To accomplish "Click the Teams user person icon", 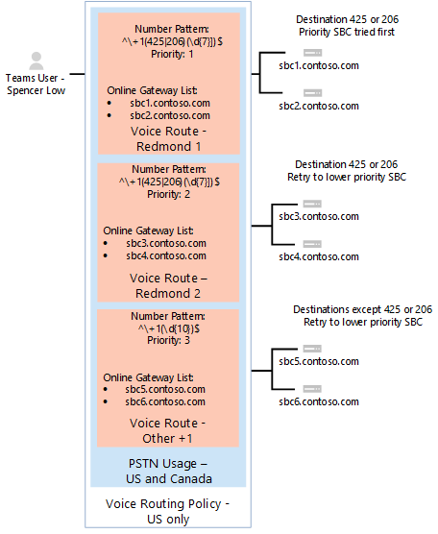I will (37, 60).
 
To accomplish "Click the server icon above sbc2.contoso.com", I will (310, 92).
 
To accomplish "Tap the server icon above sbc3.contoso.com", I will (310, 204).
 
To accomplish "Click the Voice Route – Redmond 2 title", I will (169, 285).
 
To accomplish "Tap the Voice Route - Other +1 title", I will (169, 429).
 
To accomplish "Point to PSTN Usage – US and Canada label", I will (169, 471).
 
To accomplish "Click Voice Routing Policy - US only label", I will (169, 511).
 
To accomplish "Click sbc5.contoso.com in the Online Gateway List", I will (165, 389).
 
